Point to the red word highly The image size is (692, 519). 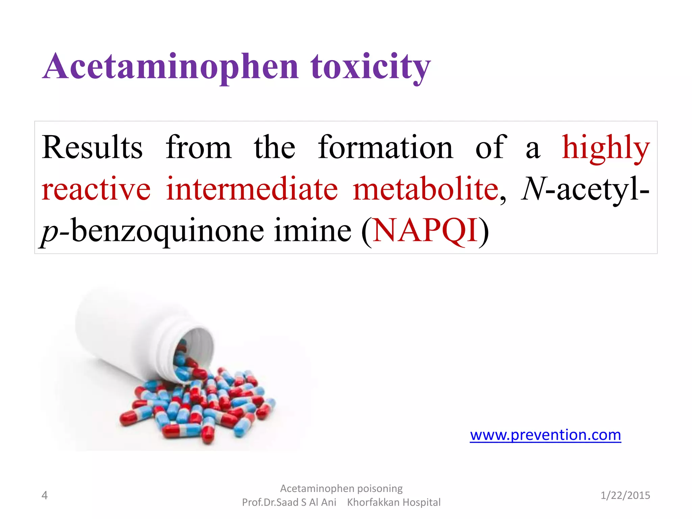(605, 148)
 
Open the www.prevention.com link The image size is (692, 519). (545, 435)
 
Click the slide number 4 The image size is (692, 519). (44, 495)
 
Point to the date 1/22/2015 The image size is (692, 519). (625, 495)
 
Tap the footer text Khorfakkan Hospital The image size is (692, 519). (394, 502)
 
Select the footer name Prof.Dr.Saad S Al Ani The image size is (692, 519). (289, 502)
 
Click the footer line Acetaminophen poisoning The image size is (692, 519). (341, 489)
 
